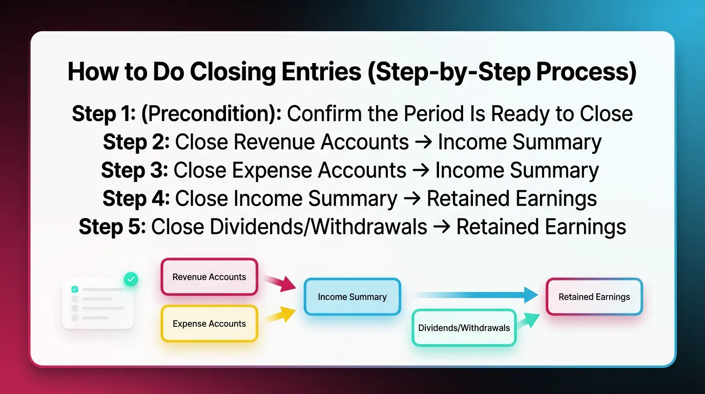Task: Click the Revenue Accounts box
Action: pyautogui.click(x=209, y=277)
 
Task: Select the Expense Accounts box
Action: pyautogui.click(x=209, y=324)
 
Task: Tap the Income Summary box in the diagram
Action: pyautogui.click(x=352, y=297)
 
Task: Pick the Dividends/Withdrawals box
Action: pyautogui.click(x=464, y=328)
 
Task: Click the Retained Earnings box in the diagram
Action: pyautogui.click(x=594, y=297)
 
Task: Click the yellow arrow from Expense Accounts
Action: pyautogui.click(x=280, y=314)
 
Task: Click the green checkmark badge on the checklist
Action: pyautogui.click(x=131, y=279)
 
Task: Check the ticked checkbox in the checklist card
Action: pyautogui.click(x=75, y=289)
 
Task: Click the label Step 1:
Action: pyautogui.click(x=103, y=114)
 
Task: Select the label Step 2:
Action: pyautogui.click(x=136, y=142)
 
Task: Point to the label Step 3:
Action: pyautogui.click(x=134, y=170)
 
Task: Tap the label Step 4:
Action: pyautogui.click(x=136, y=199)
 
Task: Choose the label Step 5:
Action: pyautogui.click(x=112, y=227)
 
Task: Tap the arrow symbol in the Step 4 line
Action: pyautogui.click(x=412, y=199)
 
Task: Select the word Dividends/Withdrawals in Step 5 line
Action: pyautogui.click(x=289, y=227)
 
